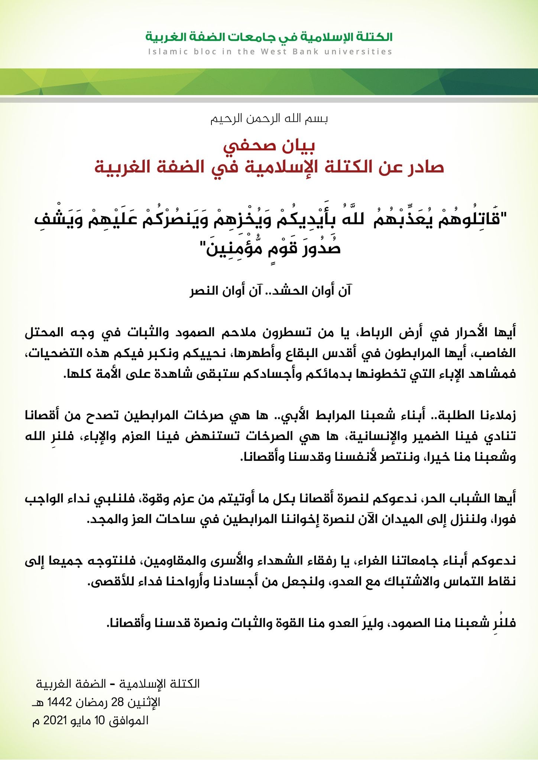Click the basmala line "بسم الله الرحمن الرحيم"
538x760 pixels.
tap(269, 119)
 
